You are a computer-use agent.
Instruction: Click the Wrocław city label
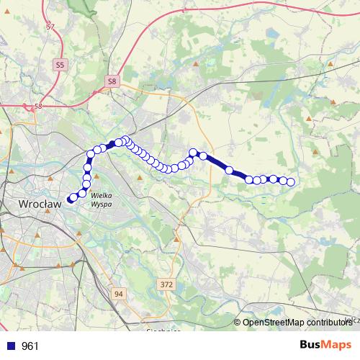tap(38, 204)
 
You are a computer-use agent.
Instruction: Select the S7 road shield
tap(50, 27)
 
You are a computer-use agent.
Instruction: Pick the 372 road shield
tap(167, 285)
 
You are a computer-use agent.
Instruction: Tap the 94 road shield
tap(119, 294)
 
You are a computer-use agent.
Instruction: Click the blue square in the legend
tap(9, 346)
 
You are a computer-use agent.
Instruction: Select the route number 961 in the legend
tap(30, 346)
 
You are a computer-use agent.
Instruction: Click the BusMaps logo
tap(325, 345)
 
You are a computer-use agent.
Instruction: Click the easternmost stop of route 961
tap(291, 182)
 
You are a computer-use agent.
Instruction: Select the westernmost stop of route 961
tap(71, 199)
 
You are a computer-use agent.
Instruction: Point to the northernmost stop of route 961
tap(125, 140)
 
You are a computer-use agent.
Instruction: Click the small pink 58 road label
tap(37, 107)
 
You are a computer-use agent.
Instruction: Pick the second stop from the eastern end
tap(283, 180)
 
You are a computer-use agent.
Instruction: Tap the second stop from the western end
tap(74, 197)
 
